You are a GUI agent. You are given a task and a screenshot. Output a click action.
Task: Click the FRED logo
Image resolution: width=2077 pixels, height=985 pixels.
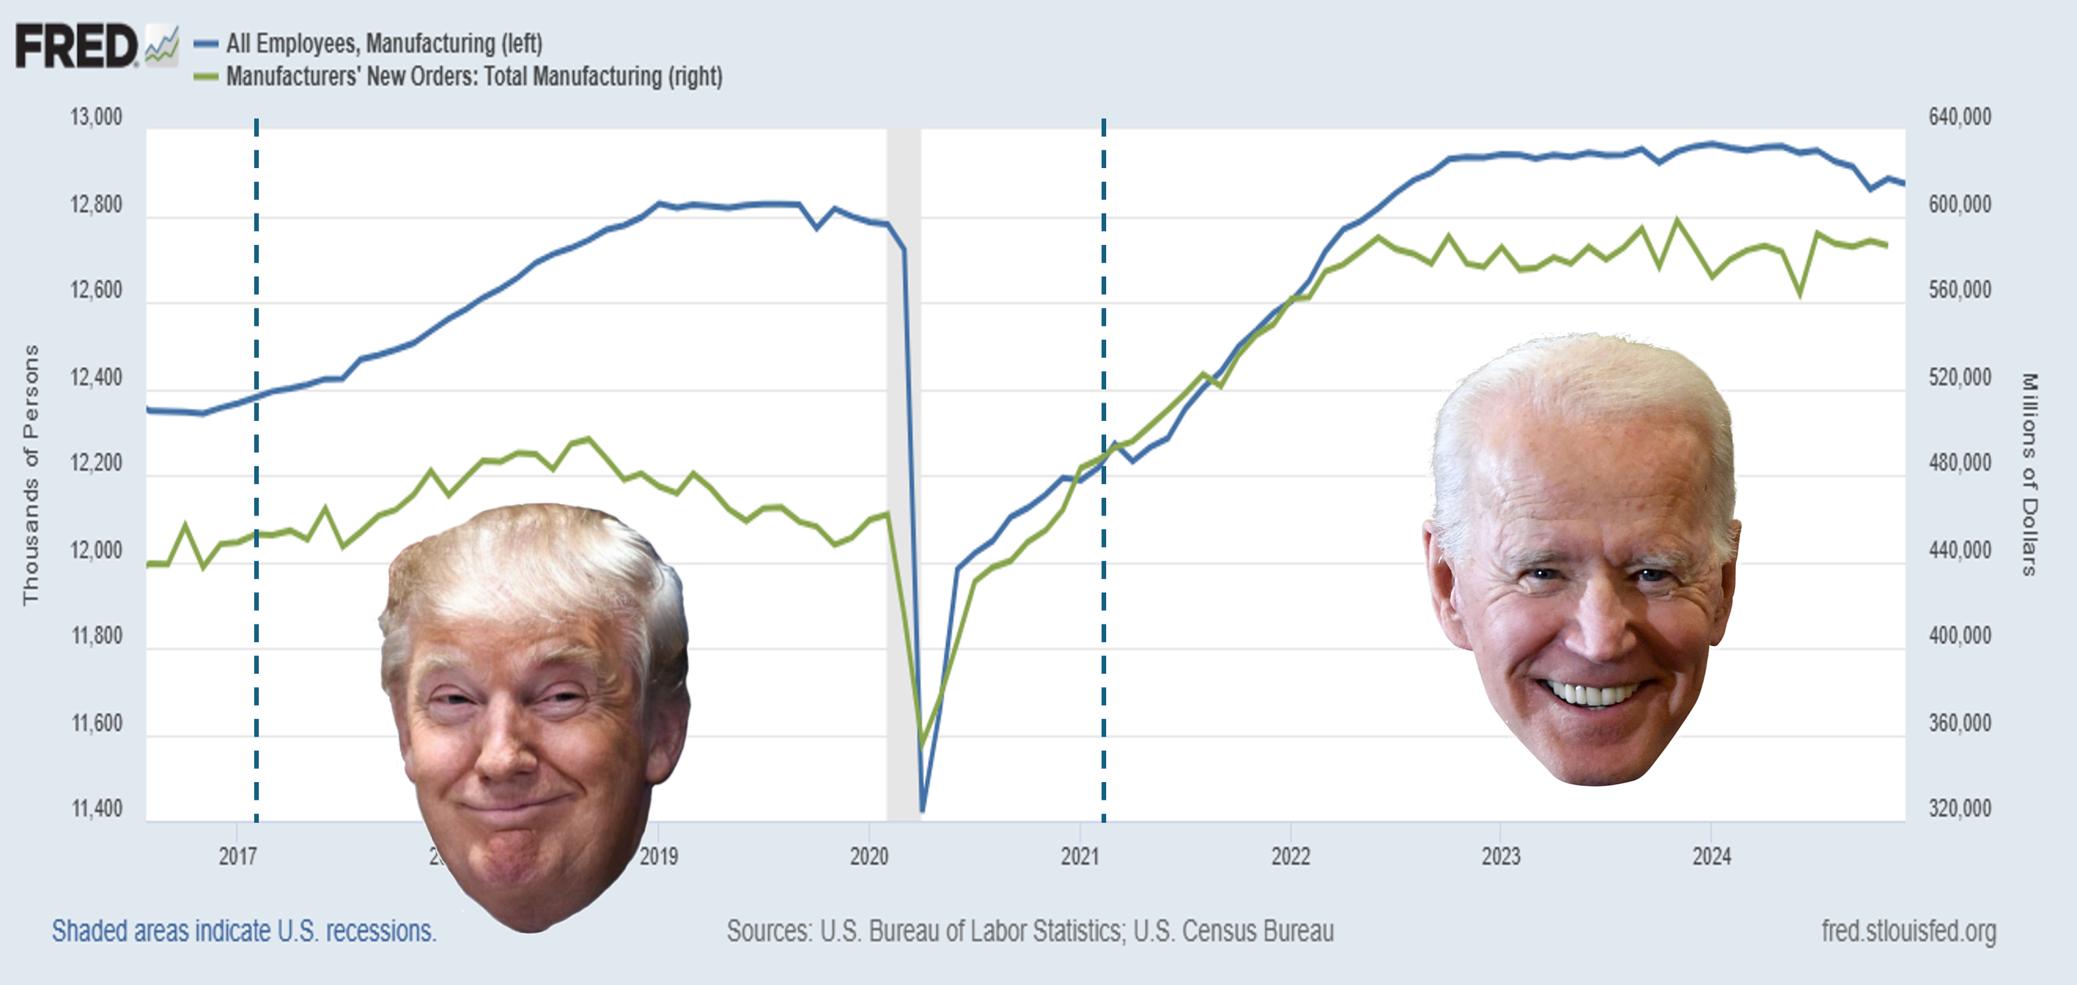[78, 46]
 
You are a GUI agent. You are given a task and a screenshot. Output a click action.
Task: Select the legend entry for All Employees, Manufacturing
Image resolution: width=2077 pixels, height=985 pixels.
[383, 43]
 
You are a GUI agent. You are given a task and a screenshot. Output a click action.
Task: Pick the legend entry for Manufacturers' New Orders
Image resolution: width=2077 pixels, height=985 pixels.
[474, 77]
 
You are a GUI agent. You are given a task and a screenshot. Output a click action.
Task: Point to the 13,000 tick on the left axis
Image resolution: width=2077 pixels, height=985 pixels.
[96, 117]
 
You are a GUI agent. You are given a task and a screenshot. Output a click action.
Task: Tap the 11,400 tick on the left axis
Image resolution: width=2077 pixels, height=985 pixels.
[97, 808]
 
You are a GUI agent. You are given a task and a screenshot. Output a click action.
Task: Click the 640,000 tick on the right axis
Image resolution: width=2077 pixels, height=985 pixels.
[1959, 117]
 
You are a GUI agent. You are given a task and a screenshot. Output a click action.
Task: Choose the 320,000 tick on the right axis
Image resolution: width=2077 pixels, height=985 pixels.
[1959, 808]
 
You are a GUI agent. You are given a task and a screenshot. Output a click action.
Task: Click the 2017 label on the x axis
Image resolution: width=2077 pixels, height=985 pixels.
[237, 856]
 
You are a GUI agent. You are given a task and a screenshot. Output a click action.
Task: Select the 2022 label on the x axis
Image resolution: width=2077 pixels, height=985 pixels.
[1290, 856]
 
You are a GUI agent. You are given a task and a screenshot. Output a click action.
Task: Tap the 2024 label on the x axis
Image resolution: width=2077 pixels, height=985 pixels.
[1711, 856]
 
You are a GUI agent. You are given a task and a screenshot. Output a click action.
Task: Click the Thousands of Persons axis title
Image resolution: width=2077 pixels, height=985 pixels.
[31, 475]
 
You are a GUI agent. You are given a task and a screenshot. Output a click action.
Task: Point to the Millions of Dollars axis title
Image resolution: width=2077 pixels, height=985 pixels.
[2028, 475]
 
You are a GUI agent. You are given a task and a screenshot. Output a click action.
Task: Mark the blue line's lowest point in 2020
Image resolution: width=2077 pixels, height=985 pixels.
[922, 809]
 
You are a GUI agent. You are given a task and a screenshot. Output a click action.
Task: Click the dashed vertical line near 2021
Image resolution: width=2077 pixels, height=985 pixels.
[1103, 564]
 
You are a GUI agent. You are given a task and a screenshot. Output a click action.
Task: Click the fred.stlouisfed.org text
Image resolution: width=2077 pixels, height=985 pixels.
[1908, 932]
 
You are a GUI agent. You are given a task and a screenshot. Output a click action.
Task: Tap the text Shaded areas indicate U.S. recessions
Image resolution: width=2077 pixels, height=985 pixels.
[244, 932]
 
